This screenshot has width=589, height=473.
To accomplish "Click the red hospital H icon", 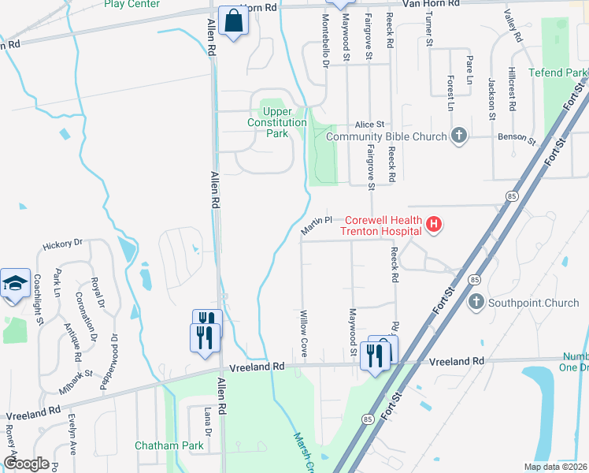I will (433, 225).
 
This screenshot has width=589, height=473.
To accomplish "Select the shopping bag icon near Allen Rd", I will (234, 22).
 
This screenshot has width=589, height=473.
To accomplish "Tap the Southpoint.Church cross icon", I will (475, 302).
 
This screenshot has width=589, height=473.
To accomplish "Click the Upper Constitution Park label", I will (276, 122).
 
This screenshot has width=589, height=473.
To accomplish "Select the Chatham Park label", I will (169, 445).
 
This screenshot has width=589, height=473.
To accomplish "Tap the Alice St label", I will (369, 125).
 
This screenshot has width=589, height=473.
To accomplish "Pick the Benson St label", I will (516, 138).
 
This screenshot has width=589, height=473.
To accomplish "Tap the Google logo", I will (25, 464).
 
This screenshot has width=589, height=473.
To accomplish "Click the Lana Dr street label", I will (209, 422).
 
